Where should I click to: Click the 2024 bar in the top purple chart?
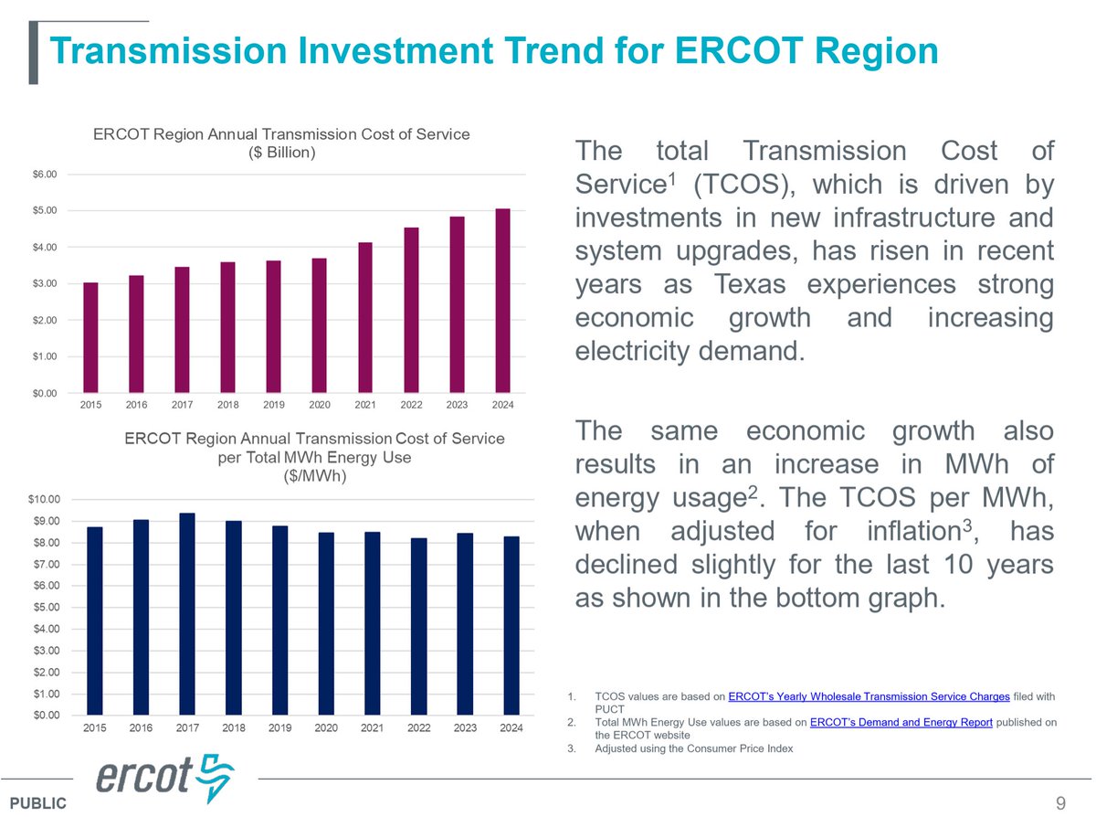(502, 301)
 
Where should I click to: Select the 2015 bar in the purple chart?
(90, 337)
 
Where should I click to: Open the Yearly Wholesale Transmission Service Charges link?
(869, 696)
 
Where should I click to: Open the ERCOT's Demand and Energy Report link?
(901, 722)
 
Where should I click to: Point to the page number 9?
(1060, 803)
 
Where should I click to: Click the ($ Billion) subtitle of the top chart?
(282, 153)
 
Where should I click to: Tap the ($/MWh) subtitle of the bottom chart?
(314, 475)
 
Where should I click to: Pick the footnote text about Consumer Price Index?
(693, 748)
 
